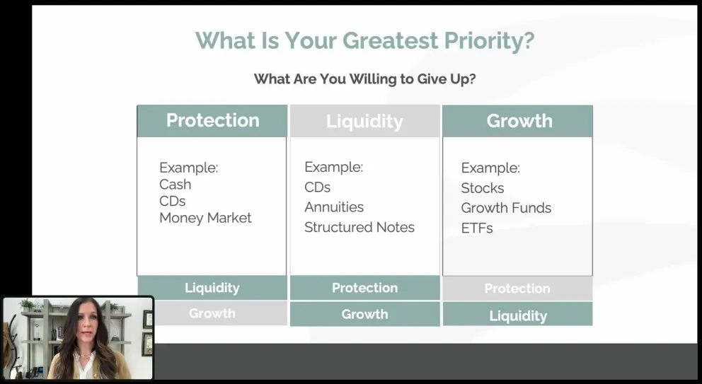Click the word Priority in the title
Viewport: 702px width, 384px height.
coord(489,41)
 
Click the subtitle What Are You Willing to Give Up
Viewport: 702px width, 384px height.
coord(364,79)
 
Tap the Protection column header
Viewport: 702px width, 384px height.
coord(212,121)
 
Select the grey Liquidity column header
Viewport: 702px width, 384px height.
coord(365,122)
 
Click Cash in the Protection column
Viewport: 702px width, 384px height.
coord(175,185)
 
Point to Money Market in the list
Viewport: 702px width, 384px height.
coord(205,218)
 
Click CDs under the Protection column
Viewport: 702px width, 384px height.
coord(173,201)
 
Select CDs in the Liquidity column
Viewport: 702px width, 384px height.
coord(318,187)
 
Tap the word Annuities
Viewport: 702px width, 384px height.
coord(334,207)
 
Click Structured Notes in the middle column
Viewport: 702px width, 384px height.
coord(359,227)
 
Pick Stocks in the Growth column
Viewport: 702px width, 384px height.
coord(483,188)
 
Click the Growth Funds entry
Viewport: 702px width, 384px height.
coord(507,208)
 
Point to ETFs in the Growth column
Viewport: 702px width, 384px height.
coord(477,228)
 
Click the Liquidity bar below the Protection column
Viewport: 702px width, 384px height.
coord(212,288)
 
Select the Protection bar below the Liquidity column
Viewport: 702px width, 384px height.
coord(365,288)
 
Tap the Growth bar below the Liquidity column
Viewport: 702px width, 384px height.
coord(365,314)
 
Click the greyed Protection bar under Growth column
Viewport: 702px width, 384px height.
coord(517,289)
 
